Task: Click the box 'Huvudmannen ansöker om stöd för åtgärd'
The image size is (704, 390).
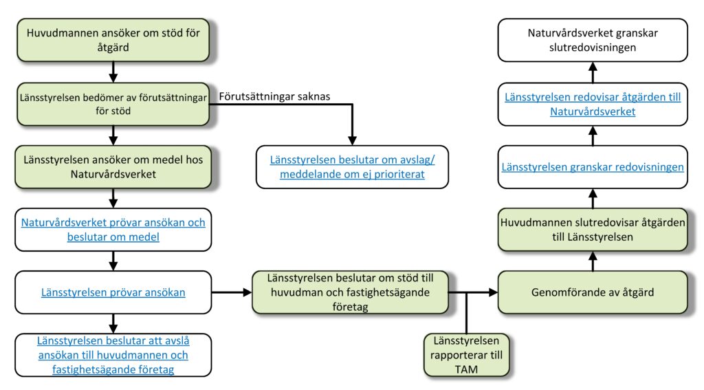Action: (x=113, y=40)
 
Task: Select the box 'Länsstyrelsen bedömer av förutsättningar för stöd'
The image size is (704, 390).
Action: (x=113, y=104)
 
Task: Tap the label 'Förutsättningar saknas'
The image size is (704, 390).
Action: (x=274, y=96)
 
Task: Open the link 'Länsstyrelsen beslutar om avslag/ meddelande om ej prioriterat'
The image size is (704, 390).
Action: (x=353, y=166)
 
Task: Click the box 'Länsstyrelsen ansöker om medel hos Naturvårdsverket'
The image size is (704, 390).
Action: (x=113, y=166)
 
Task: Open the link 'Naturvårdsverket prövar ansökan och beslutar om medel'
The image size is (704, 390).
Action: (x=113, y=230)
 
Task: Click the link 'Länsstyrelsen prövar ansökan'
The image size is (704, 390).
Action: (x=113, y=292)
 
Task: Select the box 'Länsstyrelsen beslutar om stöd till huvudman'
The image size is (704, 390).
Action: (x=350, y=292)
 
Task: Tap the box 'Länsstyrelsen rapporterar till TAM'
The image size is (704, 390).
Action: (x=467, y=355)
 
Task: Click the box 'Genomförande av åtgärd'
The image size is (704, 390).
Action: (x=593, y=292)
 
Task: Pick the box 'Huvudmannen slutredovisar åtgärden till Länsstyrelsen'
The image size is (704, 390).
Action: (x=593, y=230)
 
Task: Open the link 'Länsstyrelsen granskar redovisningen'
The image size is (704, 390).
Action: (x=593, y=167)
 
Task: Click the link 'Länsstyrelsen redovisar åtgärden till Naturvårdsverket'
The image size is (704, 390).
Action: (x=593, y=105)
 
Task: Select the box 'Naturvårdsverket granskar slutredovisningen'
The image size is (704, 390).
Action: (x=593, y=40)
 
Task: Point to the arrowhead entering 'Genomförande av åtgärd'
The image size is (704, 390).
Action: (x=494, y=292)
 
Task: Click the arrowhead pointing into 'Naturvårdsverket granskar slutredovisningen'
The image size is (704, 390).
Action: (x=593, y=67)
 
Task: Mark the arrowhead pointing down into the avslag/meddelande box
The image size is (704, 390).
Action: (x=353, y=140)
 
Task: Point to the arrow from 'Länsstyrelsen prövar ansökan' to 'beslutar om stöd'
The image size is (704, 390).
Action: (x=232, y=292)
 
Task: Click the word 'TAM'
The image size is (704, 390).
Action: (x=467, y=369)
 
